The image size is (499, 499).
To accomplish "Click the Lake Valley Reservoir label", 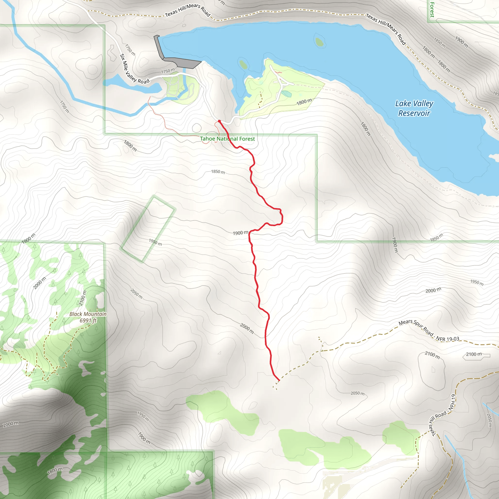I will pyautogui.click(x=414, y=108).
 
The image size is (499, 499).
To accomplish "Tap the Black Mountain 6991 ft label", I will pyautogui.click(x=88, y=317).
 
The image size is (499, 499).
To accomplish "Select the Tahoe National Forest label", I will pyautogui.click(x=227, y=139).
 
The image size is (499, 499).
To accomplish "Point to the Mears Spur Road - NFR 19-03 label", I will pyautogui.click(x=429, y=331).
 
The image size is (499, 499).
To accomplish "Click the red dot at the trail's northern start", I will pyautogui.click(x=219, y=121).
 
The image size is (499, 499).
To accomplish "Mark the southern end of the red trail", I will pyautogui.click(x=279, y=380).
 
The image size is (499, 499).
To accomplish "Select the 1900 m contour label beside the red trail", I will pyautogui.click(x=240, y=233).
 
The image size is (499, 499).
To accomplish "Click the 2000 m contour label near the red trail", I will pyautogui.click(x=247, y=328).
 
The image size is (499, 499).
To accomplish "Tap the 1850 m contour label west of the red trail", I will pyautogui.click(x=218, y=172).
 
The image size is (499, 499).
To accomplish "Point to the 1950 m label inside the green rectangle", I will pyautogui.click(x=155, y=242).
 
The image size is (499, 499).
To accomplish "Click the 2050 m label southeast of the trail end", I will pyautogui.click(x=357, y=393).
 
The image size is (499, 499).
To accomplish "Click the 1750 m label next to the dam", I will pyautogui.click(x=168, y=70).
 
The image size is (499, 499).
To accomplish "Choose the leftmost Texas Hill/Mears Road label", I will pyautogui.click(x=188, y=10).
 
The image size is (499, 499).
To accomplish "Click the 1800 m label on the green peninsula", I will pyautogui.click(x=304, y=102).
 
